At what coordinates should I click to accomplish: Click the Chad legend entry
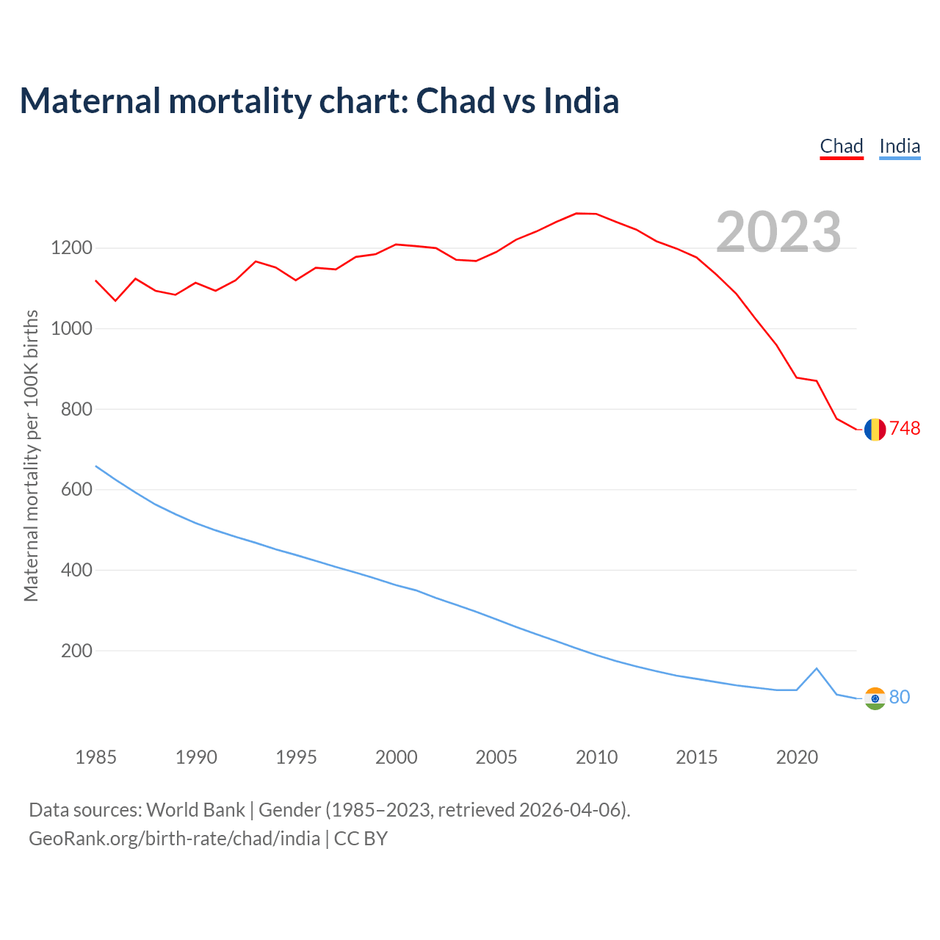pos(842,146)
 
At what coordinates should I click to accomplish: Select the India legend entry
pos(900,146)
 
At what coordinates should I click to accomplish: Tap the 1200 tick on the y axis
pos(72,248)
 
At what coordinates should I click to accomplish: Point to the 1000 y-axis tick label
pos(72,328)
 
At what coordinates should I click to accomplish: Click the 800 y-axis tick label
pos(76,409)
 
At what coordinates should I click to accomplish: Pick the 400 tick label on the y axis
pos(76,570)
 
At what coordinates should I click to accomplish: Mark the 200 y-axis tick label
pos(76,651)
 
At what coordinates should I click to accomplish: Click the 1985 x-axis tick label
pos(96,757)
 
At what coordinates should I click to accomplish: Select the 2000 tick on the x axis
pos(397,757)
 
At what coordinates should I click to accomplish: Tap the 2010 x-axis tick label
pos(596,757)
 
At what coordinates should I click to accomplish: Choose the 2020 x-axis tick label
pos(797,757)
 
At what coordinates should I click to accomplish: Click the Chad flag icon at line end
pos(875,430)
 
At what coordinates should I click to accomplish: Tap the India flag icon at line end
pos(875,698)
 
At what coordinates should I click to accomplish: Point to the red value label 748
pos(905,429)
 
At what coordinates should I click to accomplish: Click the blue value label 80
pos(900,698)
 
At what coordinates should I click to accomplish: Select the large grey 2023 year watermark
pos(778,232)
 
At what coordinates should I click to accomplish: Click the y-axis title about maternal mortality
pos(31,455)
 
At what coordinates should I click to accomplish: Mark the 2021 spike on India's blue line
pos(817,668)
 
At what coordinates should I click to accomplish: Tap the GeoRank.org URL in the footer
pos(175,839)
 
